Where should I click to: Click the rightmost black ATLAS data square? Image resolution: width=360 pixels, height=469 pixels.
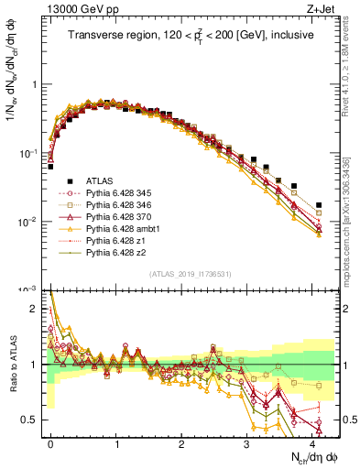[318, 205]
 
